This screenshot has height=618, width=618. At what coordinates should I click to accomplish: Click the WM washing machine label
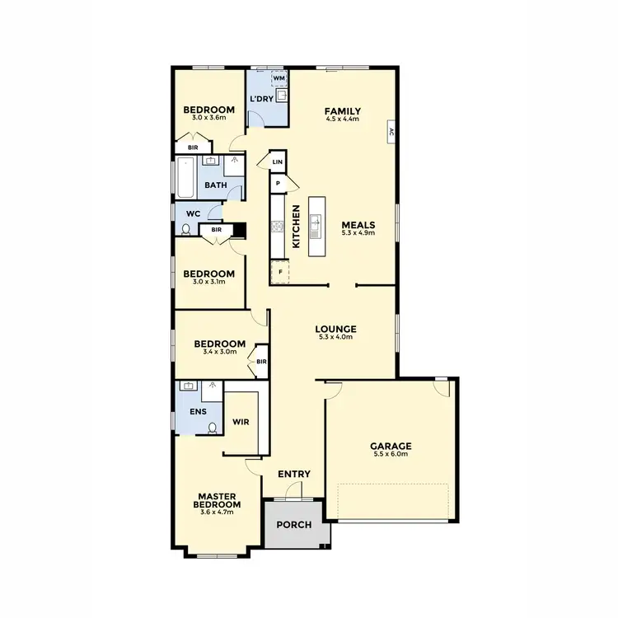coord(279,78)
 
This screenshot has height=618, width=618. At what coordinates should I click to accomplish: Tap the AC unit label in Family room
coord(391,131)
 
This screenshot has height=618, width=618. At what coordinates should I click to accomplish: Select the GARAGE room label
coord(391,447)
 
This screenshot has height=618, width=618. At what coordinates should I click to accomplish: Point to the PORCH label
coord(293,525)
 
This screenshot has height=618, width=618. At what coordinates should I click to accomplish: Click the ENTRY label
coord(294,474)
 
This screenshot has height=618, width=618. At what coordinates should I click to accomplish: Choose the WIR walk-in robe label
coord(241,422)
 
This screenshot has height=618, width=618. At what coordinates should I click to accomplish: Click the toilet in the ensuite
coord(213,428)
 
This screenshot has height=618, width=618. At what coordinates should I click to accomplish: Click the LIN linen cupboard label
coord(278,163)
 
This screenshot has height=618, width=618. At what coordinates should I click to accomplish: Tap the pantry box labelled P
coord(279,183)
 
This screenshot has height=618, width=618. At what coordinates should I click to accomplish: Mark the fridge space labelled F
coord(280,271)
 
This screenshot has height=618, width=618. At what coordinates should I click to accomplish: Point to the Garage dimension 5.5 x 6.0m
coord(391,455)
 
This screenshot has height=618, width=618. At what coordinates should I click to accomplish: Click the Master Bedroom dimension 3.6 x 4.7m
coord(217,512)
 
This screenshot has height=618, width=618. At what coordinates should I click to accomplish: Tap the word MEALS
coord(359,225)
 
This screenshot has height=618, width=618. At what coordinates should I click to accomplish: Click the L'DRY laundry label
coord(261,100)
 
